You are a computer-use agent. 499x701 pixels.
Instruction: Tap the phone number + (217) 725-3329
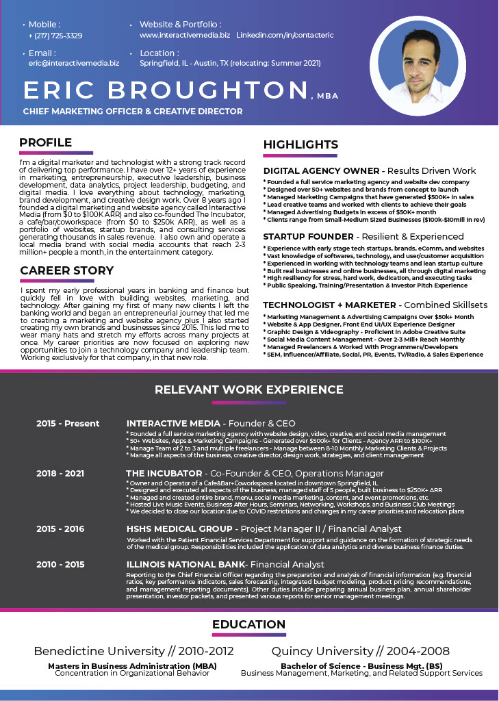pos(55,36)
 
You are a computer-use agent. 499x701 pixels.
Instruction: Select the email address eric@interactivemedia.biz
pos(74,63)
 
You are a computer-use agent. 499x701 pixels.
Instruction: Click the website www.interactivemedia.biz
pos(185,34)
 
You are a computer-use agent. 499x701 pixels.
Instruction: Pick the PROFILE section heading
pos(46,142)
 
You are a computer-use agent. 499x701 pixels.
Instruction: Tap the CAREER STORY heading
pos(67,270)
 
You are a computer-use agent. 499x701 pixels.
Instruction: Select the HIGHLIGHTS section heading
pos(300,144)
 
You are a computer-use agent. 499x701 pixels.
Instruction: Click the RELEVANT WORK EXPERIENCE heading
pos(249,390)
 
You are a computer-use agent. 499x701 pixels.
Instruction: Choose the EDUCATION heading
pos(248,624)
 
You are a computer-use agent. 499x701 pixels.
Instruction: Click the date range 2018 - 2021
pos(61,473)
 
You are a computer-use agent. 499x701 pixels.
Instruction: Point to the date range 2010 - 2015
pos(61,564)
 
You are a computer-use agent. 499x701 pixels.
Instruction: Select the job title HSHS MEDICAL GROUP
pos(179,529)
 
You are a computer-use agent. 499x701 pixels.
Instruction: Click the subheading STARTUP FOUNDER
pos(308,237)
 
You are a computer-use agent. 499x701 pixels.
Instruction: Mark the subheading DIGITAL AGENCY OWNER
pos(321,170)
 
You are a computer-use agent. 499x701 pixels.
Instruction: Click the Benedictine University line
pos(133,651)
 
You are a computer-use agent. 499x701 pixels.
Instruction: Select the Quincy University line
pos(361,651)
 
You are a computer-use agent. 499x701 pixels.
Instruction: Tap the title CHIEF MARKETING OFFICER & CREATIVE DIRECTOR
pos(133,111)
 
